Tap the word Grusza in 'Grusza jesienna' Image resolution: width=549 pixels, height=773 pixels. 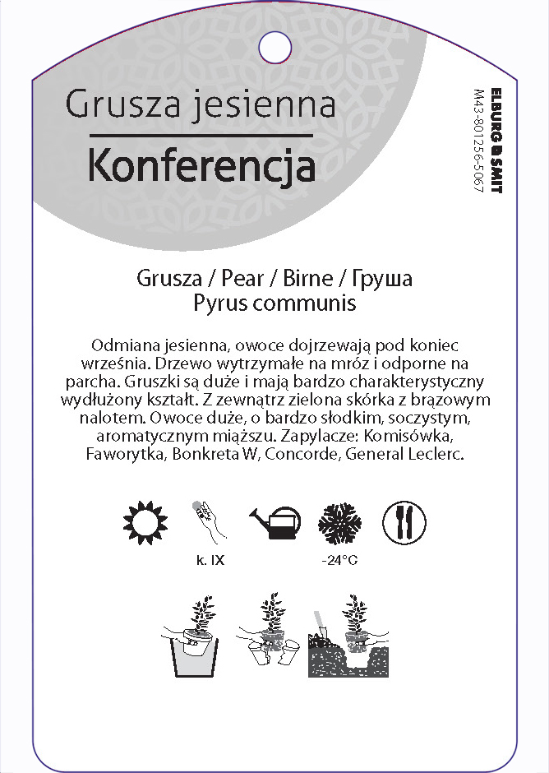pos(123,105)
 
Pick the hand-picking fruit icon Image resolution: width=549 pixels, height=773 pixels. pos(206,520)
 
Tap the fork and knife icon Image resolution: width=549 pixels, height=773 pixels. pos(404,521)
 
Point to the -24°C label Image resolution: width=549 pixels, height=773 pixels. pos(340,562)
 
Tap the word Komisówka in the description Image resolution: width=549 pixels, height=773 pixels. pos(407,436)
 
